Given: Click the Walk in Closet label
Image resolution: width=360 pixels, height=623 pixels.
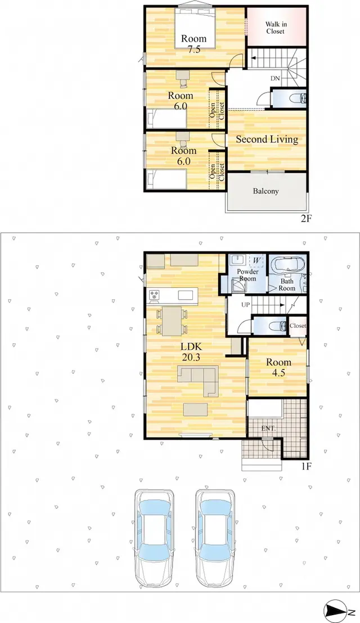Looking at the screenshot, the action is (276, 28).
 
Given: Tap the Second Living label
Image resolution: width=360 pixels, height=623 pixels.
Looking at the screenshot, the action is (267, 139).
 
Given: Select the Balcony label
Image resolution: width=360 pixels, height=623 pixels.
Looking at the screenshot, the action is (266, 191).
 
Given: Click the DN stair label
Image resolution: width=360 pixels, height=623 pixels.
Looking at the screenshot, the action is (276, 79).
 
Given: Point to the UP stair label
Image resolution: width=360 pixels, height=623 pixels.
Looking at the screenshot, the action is (246, 305).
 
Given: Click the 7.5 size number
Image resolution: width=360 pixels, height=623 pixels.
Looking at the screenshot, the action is (194, 49).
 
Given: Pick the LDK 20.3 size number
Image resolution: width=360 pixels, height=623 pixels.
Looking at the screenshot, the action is (191, 357).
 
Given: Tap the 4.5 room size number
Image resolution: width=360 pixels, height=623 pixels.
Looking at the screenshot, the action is (278, 373).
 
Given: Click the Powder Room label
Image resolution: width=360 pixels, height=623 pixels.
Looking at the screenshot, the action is (247, 275).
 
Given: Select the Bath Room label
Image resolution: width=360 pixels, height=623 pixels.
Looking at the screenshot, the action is (287, 285).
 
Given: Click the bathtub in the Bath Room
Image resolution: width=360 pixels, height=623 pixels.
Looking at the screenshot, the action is (287, 265).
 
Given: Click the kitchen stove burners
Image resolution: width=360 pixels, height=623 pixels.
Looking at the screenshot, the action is (154, 295).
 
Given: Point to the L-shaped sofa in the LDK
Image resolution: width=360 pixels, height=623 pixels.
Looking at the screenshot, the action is (198, 380).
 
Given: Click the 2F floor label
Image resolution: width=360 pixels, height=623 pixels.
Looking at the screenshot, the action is (305, 218).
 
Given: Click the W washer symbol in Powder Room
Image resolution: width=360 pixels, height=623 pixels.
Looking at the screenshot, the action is (256, 260).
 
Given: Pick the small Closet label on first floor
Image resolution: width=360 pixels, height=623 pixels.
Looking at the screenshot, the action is (298, 326).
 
